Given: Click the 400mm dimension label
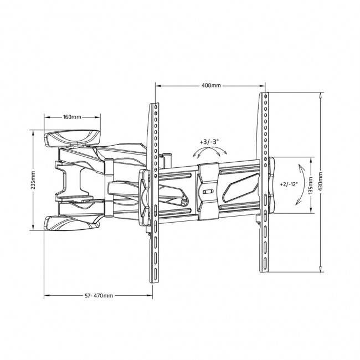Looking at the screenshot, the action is point(211,86).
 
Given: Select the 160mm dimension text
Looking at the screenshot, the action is point(72,117).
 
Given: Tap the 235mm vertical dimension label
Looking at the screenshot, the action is point(33,180).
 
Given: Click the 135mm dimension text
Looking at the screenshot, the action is point(311,186).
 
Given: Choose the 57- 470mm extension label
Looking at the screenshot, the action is point(99,296).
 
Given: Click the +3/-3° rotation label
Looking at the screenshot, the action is point(209,142).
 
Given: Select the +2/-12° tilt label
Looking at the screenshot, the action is point(289,184).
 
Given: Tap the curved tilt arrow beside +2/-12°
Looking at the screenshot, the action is point(304,184).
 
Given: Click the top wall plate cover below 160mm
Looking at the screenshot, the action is point(72,138).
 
